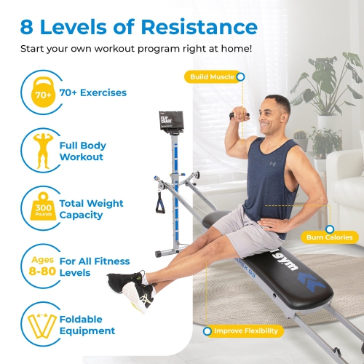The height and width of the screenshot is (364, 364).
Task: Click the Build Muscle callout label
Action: coord(213,76)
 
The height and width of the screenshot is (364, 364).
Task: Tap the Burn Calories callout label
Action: coord(333,237)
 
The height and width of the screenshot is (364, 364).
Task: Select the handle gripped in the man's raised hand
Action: coord(240,114)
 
